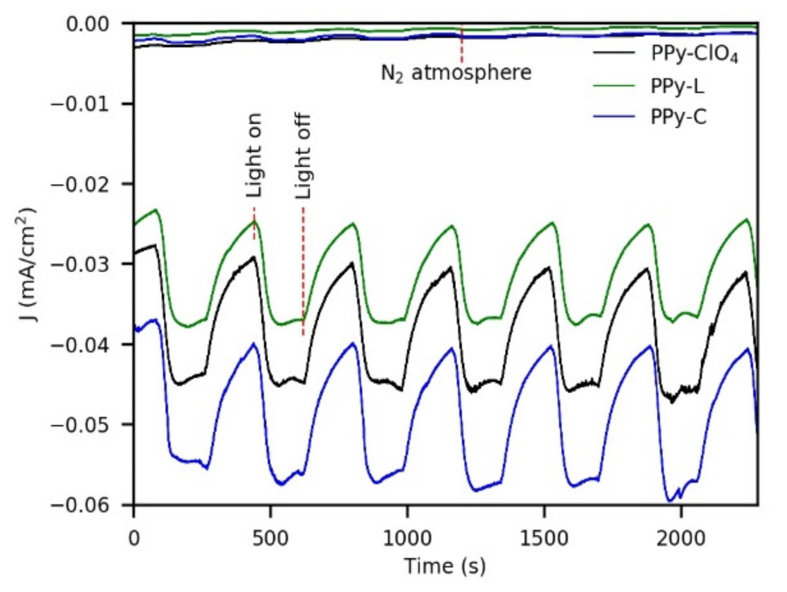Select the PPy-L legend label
point(677,86)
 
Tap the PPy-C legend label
point(678,117)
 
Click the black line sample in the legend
point(614,53)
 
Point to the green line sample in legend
point(614,86)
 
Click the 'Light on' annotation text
point(254,155)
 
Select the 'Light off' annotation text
point(303,156)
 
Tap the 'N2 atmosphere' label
point(456,73)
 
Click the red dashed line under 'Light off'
point(303,270)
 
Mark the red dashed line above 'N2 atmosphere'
point(462,44)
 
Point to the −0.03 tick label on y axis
point(78,264)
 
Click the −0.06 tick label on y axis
point(78,505)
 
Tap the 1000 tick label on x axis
point(407,538)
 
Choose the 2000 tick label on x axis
point(681,538)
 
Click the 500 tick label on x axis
point(270,538)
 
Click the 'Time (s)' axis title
point(445,566)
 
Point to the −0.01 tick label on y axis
point(78,104)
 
